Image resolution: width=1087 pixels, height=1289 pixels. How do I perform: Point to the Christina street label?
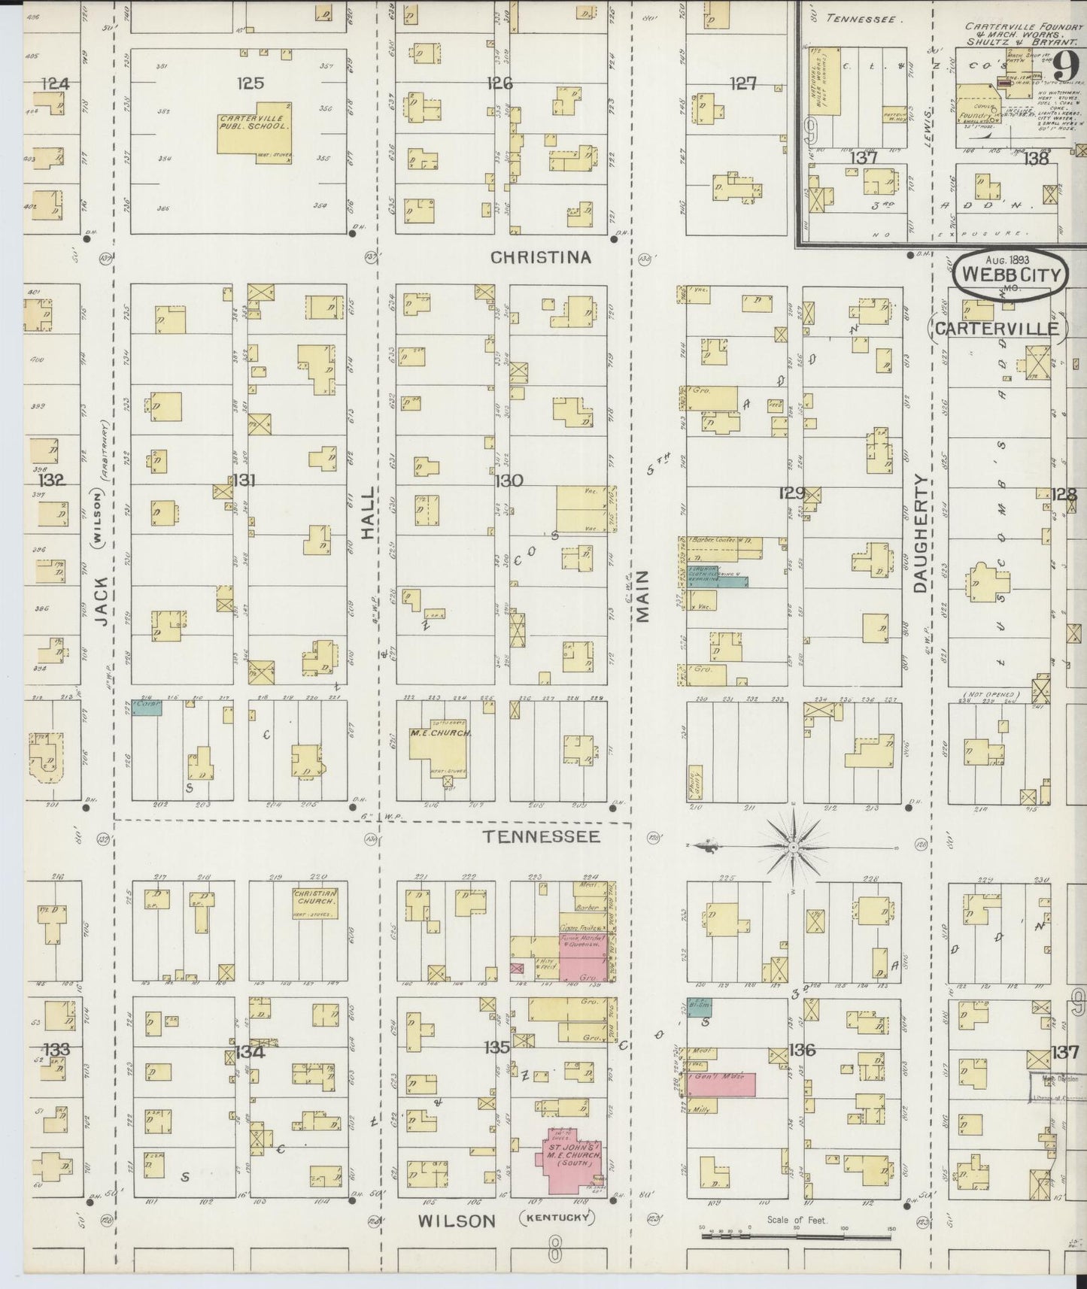(541, 257)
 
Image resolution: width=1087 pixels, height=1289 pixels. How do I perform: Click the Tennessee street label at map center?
(541, 836)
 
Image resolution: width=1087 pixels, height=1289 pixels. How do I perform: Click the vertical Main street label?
(642, 596)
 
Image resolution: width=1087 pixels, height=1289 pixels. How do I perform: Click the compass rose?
(794, 848)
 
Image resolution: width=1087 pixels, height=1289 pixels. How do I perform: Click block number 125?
(250, 83)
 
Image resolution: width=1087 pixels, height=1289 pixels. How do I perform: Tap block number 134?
(250, 1052)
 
